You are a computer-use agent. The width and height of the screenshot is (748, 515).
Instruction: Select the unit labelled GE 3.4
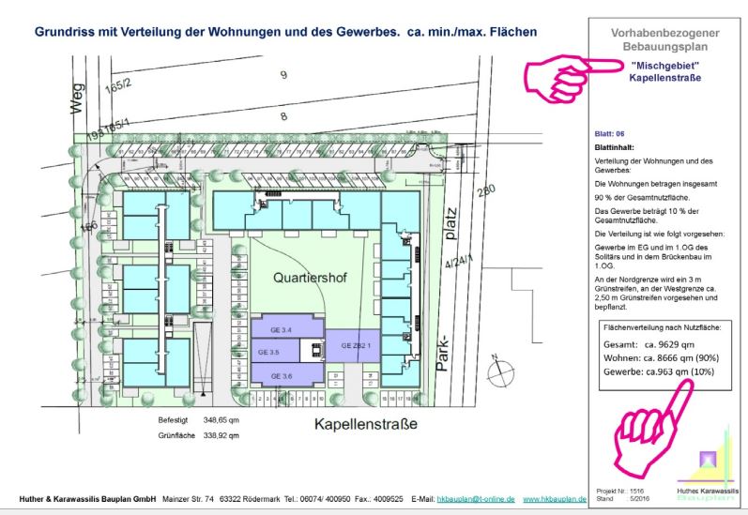268,330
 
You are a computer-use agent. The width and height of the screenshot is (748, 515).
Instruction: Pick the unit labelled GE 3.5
268,353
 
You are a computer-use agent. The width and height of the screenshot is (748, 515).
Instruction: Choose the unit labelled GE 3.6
282,375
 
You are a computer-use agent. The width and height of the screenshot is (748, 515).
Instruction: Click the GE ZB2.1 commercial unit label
356,345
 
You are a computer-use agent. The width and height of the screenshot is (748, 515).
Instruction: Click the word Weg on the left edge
79,97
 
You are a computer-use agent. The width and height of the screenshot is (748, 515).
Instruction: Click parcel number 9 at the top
282,74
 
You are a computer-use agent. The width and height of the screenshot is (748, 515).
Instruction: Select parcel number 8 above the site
282,116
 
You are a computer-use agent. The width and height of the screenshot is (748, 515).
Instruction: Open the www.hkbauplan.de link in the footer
554,499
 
